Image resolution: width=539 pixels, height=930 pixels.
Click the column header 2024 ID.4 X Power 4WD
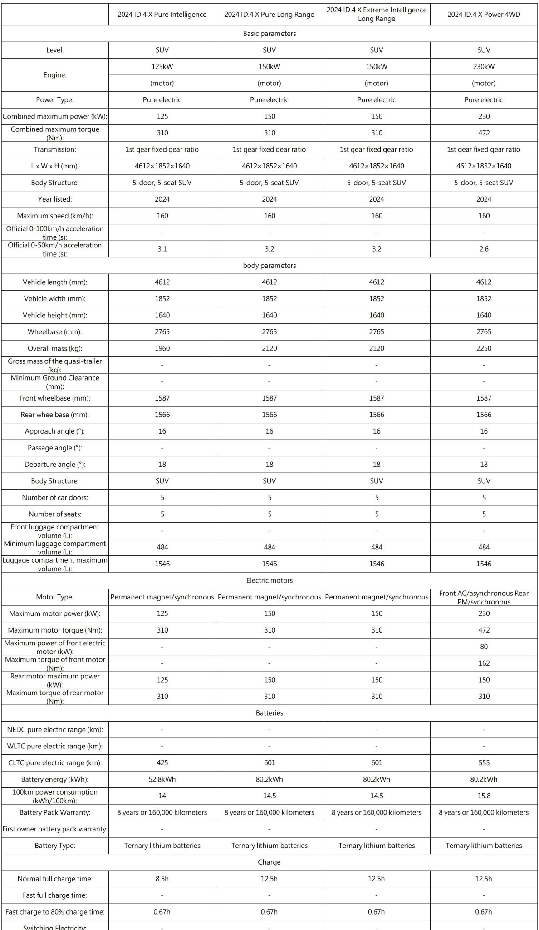484,14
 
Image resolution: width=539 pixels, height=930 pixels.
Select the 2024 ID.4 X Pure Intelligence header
162,14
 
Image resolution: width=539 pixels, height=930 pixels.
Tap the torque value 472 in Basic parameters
484,133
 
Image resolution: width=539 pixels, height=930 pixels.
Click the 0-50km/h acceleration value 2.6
484,249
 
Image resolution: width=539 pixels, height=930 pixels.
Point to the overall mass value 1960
162,348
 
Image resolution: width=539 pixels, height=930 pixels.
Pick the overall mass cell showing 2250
484,348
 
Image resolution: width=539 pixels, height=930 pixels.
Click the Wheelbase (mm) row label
55,332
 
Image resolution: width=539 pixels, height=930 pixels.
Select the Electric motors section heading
269,580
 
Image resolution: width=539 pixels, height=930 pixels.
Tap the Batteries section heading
269,713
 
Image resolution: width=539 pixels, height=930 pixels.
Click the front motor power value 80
484,647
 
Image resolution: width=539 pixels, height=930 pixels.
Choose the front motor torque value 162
484,663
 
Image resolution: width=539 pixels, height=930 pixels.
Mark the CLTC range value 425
162,763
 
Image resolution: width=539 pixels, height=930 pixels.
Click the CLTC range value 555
484,763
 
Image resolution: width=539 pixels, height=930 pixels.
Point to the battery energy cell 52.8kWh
162,779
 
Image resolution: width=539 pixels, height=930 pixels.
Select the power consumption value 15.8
484,796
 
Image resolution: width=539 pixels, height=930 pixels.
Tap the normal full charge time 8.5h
162,879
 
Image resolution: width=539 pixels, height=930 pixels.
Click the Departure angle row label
55,465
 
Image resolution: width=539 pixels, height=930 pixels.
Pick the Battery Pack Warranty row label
55,812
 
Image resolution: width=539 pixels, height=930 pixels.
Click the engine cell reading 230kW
484,67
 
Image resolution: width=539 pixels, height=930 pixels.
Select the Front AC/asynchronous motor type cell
484,597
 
